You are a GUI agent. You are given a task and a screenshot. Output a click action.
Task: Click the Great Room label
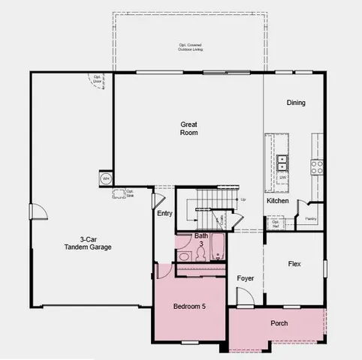[189, 128]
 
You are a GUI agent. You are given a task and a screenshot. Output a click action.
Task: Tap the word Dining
[296, 103]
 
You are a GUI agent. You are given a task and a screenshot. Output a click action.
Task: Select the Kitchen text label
[277, 201]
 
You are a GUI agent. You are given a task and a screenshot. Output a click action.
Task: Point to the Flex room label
[294, 264]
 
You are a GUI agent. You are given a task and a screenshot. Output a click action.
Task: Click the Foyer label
[246, 278]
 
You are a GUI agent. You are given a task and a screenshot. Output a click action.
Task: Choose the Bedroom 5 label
[189, 306]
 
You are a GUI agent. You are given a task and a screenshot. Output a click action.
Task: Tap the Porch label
[279, 323]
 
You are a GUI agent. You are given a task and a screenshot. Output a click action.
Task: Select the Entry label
[164, 213]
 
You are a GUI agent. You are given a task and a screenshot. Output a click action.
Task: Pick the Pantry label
[310, 219]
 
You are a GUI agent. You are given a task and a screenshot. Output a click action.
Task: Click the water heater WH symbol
[106, 178]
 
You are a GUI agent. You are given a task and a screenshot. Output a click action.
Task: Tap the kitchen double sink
[283, 161]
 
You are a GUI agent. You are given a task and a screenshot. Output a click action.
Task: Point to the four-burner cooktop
[317, 166]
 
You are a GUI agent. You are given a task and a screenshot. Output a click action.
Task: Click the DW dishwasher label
[282, 178]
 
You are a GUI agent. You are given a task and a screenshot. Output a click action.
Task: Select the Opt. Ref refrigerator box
[276, 223]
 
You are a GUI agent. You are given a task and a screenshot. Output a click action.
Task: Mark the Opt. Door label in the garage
[98, 78]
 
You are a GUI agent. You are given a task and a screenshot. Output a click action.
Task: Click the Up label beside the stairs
[243, 199]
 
